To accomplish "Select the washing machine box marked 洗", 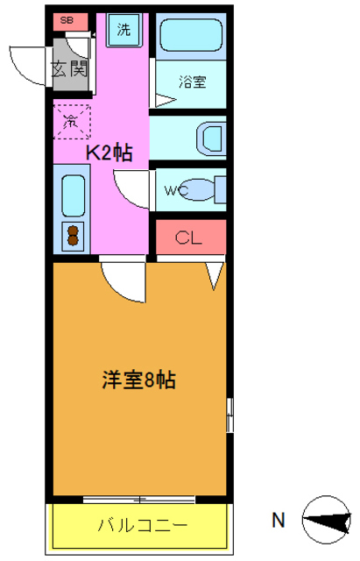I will click(124, 30).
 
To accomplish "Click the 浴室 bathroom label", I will click(192, 83).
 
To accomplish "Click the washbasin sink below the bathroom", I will click(211, 138).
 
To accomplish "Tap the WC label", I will click(179, 189).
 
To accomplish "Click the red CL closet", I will click(190, 236).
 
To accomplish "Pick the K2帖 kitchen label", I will click(109, 153).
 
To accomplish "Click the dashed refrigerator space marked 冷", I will click(72, 120).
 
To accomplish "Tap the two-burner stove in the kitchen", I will click(73, 236).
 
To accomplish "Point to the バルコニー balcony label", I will click(142, 526).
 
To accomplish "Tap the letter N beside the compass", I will click(278, 521).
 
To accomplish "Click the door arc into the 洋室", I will click(120, 280).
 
